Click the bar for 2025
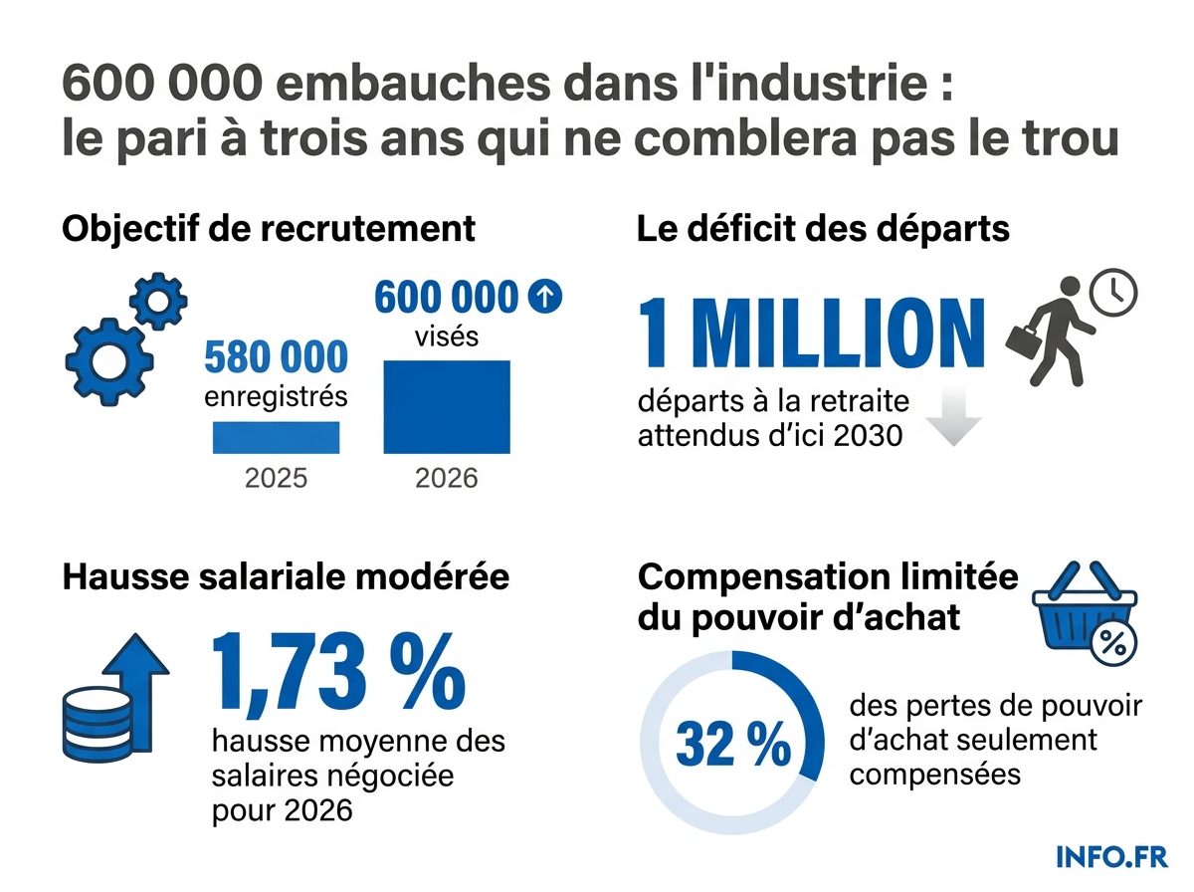click(276, 437)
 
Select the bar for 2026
click(447, 406)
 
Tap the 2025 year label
click(276, 479)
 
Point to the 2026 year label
click(447, 479)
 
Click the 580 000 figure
click(276, 357)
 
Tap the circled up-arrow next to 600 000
click(546, 296)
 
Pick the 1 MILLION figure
click(811, 333)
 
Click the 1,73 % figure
click(338, 672)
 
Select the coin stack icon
click(97, 720)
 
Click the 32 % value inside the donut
click(733, 746)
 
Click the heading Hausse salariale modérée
click(286, 577)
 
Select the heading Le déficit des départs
click(823, 229)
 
